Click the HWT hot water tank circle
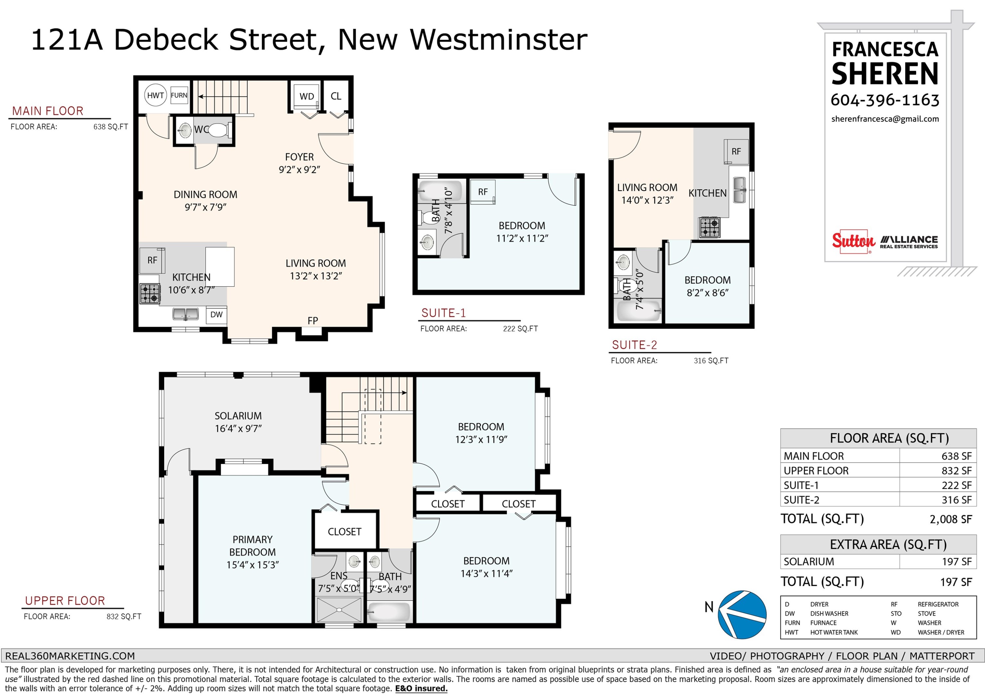(x=155, y=95)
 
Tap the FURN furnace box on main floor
(x=179, y=95)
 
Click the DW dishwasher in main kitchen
(x=216, y=314)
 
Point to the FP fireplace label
(x=313, y=321)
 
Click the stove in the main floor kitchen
(x=150, y=294)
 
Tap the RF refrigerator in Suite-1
(x=483, y=192)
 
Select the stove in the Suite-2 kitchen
(x=710, y=228)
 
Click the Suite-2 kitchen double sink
(x=739, y=190)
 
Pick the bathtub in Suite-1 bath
(x=440, y=191)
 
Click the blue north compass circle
(x=742, y=615)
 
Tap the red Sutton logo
(x=853, y=242)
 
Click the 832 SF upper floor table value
(x=956, y=471)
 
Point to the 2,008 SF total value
(x=951, y=519)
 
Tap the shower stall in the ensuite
(x=339, y=609)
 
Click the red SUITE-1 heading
(x=443, y=313)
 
